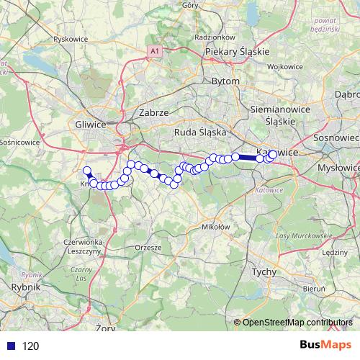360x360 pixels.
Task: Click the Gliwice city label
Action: (90, 124)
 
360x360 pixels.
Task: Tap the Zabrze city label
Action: (153, 113)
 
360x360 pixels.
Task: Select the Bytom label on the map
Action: (225, 81)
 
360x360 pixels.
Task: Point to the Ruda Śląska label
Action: (200, 132)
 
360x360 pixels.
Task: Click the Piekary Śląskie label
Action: (236, 52)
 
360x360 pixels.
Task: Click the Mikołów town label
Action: (215, 226)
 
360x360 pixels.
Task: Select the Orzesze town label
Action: (148, 246)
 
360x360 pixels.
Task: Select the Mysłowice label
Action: (338, 167)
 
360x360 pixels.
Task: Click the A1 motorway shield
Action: (154, 50)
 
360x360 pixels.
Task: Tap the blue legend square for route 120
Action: (9, 346)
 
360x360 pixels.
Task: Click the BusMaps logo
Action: (325, 344)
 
